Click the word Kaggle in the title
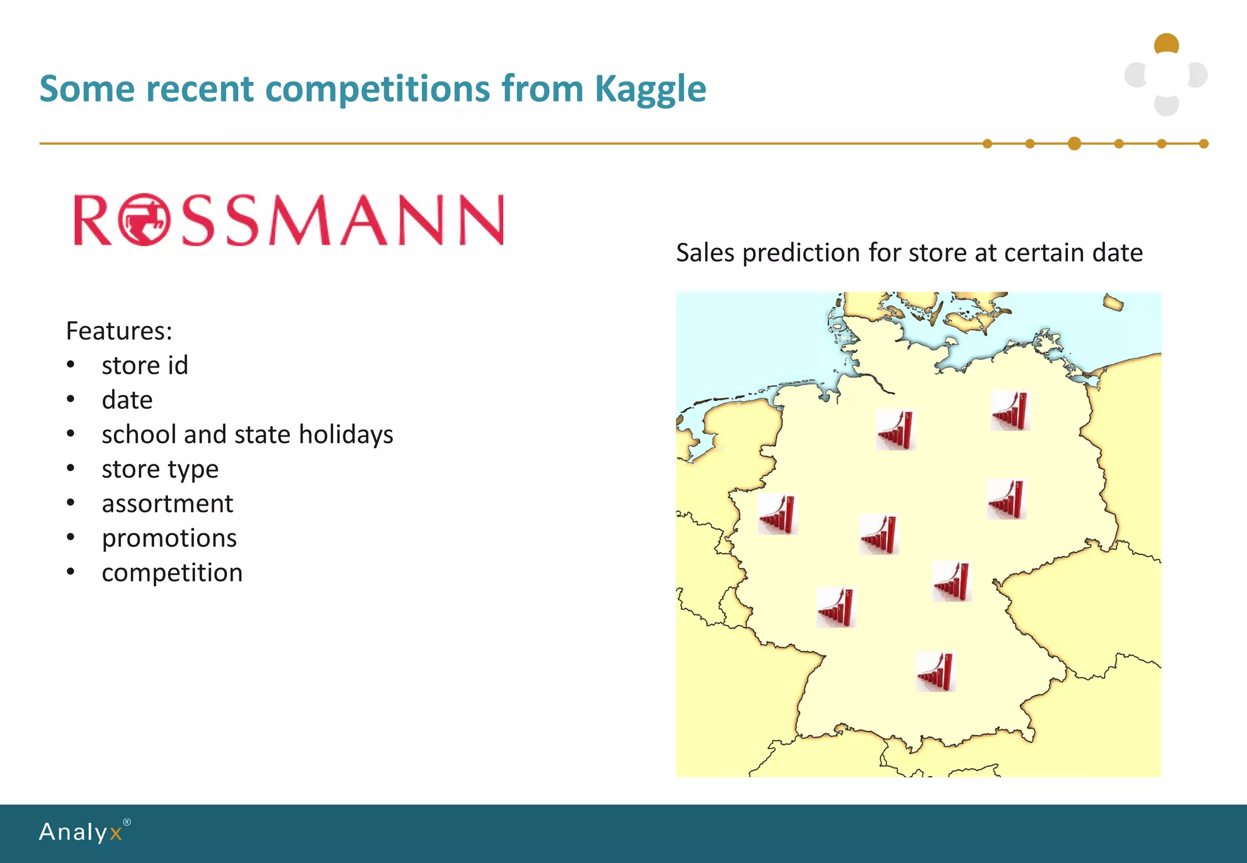tap(650, 89)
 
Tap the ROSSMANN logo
tap(289, 220)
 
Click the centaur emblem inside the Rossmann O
tap(144, 220)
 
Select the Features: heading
tap(119, 331)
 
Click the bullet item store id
tap(145, 366)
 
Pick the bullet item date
tap(127, 400)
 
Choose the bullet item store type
tap(160, 469)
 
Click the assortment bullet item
tap(167, 504)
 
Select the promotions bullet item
tap(169, 539)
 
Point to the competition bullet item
tap(172, 573)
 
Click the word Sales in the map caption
tap(705, 253)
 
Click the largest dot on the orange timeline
tap(1075, 144)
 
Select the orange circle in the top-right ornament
tap(1167, 44)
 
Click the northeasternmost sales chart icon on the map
tap(1010, 411)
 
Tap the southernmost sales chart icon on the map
tap(936, 672)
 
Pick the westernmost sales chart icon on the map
tap(778, 514)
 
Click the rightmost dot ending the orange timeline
tap(1204, 144)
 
